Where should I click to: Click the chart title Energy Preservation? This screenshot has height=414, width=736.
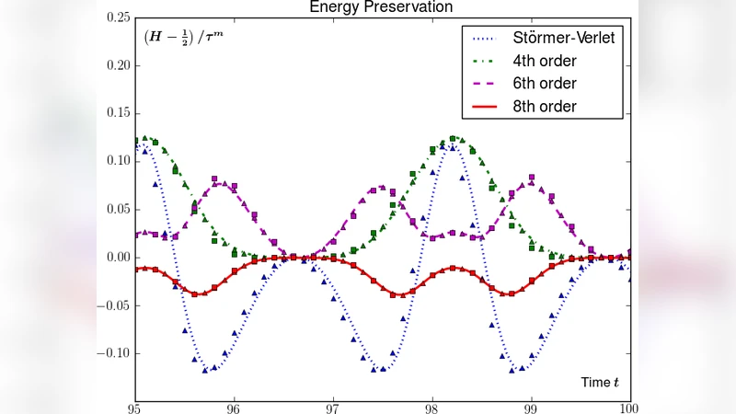[x=382, y=7]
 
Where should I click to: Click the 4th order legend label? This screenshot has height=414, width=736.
[x=545, y=62]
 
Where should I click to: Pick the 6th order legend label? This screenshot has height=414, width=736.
[x=545, y=84]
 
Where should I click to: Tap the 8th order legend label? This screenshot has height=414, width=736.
[x=545, y=107]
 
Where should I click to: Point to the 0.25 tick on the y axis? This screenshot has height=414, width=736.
[x=117, y=17]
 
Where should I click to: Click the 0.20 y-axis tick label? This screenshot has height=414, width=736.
[x=117, y=65]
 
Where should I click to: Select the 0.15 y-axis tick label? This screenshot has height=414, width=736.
[x=117, y=113]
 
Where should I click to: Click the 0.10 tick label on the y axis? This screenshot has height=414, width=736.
[x=117, y=161]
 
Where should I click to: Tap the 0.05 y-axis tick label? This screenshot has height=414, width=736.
[x=117, y=209]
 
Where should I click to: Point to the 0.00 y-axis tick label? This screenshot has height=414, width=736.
[x=117, y=257]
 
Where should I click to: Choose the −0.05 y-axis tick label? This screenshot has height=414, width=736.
[x=113, y=305]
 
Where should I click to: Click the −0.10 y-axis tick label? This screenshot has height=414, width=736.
[x=113, y=353]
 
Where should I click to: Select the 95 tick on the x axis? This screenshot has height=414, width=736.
[x=135, y=408]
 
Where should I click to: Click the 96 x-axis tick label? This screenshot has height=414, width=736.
[x=234, y=408]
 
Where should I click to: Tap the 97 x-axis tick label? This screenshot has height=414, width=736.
[x=333, y=408]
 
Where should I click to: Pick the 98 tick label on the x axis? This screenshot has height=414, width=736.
[x=431, y=408]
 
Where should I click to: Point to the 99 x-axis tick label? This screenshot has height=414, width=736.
[x=531, y=408]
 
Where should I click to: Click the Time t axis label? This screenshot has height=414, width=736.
[x=601, y=382]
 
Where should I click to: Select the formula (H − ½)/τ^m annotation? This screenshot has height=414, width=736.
[x=183, y=38]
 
